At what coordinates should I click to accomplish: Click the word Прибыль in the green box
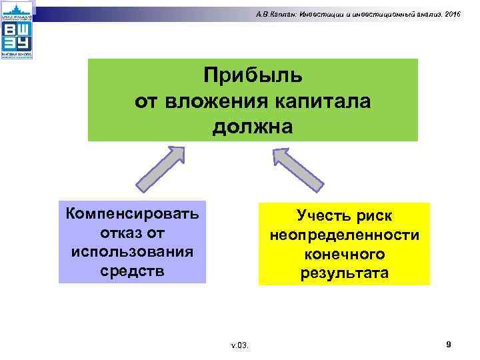tap(253, 75)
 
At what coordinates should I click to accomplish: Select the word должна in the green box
tap(253, 125)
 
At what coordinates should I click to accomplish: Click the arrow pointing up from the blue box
tap(159, 172)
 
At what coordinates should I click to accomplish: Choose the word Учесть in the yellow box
tap(323, 217)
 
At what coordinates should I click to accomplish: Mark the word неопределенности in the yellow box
tap(344, 236)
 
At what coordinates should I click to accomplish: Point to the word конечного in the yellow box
tap(344, 255)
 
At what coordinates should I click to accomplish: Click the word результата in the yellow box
tap(344, 274)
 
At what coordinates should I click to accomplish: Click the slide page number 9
tap(448, 344)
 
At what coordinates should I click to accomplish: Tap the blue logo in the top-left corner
tap(16, 31)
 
